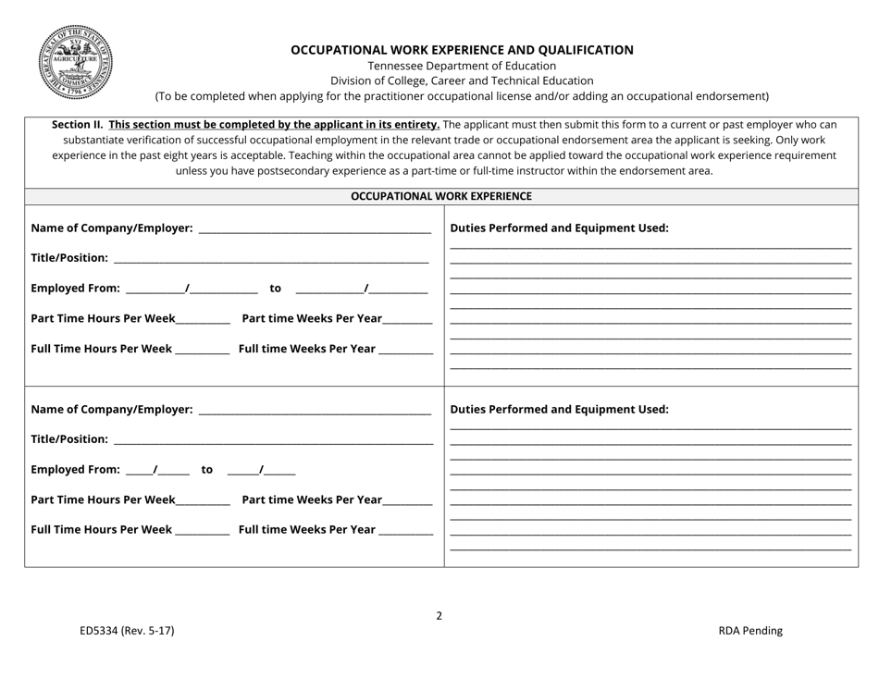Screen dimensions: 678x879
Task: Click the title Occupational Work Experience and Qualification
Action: (462, 50)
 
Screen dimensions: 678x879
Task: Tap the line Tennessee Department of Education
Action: (462, 66)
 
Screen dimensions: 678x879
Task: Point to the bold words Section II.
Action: (78, 124)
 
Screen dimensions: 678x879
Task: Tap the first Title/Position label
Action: (69, 258)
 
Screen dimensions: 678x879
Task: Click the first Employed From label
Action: (76, 289)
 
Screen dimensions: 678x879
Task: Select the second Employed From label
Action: (76, 470)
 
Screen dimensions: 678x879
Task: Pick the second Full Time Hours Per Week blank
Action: (202, 533)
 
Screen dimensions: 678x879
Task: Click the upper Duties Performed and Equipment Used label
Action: (559, 228)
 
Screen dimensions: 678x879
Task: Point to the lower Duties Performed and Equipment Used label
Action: (559, 410)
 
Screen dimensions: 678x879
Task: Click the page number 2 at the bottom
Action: (439, 615)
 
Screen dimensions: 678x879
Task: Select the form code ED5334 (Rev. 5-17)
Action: (126, 631)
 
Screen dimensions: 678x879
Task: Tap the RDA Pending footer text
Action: (749, 631)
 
